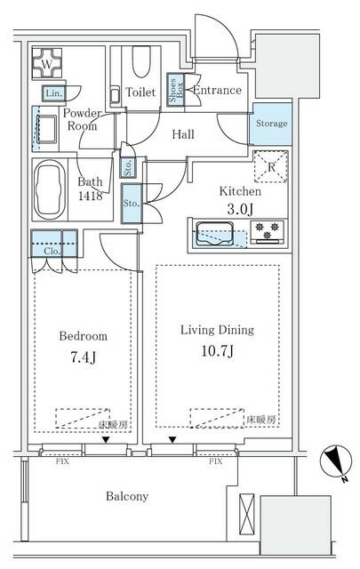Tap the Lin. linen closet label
click(x=52, y=93)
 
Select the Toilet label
click(x=140, y=92)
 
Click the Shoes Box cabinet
click(x=176, y=94)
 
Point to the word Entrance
click(x=217, y=90)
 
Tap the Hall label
click(x=184, y=134)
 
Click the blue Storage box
click(x=271, y=124)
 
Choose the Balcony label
click(x=124, y=496)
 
